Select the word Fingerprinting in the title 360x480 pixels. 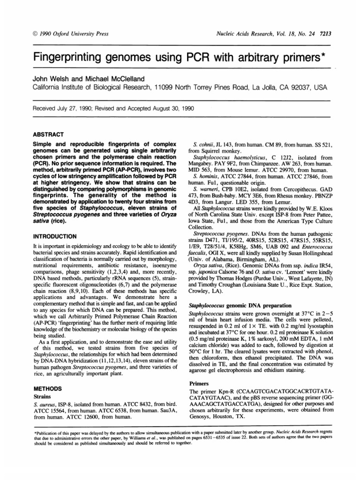[x=66, y=58]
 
